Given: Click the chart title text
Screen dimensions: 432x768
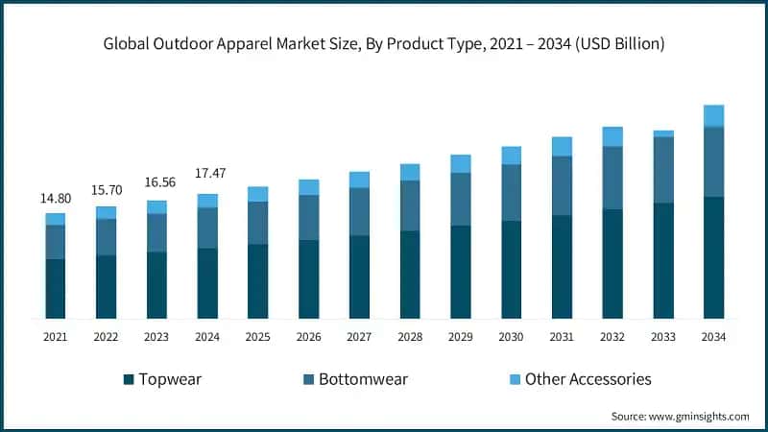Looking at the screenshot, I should click(384, 43).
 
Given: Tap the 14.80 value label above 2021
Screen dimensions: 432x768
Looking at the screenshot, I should click(55, 199).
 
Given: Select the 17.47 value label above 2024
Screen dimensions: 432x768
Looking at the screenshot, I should click(207, 174).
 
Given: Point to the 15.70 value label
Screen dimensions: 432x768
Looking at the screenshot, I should click(106, 191).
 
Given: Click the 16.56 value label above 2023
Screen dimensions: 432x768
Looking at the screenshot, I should click(156, 182).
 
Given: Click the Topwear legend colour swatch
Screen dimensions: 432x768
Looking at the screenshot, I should click(128, 379).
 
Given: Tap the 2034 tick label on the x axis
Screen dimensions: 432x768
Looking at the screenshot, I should click(713, 337).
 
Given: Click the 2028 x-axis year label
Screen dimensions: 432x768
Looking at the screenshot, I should click(410, 337).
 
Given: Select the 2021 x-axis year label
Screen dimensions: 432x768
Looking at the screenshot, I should click(55, 337).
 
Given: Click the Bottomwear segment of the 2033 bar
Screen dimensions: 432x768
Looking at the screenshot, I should click(662, 170).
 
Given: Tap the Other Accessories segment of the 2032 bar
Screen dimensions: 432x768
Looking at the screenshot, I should click(612, 136).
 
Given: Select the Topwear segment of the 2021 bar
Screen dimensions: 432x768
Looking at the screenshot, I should click(55, 288).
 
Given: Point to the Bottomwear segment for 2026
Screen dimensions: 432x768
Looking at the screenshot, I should click(308, 217).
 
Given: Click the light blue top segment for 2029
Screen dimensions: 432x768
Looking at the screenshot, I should click(461, 163).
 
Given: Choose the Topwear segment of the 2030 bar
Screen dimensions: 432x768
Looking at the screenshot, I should click(511, 269).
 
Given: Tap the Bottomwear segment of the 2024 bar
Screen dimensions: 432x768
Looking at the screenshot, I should click(207, 228).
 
